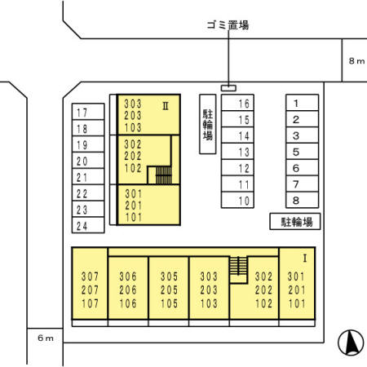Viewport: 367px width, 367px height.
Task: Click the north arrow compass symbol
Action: click(351, 343)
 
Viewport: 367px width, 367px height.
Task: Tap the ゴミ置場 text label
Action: click(228, 25)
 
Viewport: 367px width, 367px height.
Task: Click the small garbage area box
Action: click(228, 88)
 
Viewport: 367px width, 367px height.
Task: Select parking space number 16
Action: click(237, 103)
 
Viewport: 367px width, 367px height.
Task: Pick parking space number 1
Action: click(302, 103)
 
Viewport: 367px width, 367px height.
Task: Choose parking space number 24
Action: click(88, 225)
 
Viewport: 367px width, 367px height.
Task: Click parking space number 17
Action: click(88, 112)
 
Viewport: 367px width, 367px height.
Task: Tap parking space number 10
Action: click(237, 200)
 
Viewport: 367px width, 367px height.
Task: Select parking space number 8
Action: click(302, 200)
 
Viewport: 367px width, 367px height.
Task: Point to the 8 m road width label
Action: click(356, 61)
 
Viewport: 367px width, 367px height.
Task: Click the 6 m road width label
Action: click(46, 338)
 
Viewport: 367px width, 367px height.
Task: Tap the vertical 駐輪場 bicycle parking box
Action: click(208, 124)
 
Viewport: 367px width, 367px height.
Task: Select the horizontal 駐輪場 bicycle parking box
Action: click(295, 222)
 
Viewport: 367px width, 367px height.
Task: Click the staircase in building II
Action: click(163, 175)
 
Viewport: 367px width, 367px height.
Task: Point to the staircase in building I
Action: click(238, 266)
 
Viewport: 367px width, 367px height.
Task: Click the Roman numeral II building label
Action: click(166, 106)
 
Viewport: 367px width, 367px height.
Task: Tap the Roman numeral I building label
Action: click(305, 259)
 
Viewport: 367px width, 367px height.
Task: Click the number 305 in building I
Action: click(169, 276)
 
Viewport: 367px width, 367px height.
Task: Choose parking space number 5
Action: click(302, 152)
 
